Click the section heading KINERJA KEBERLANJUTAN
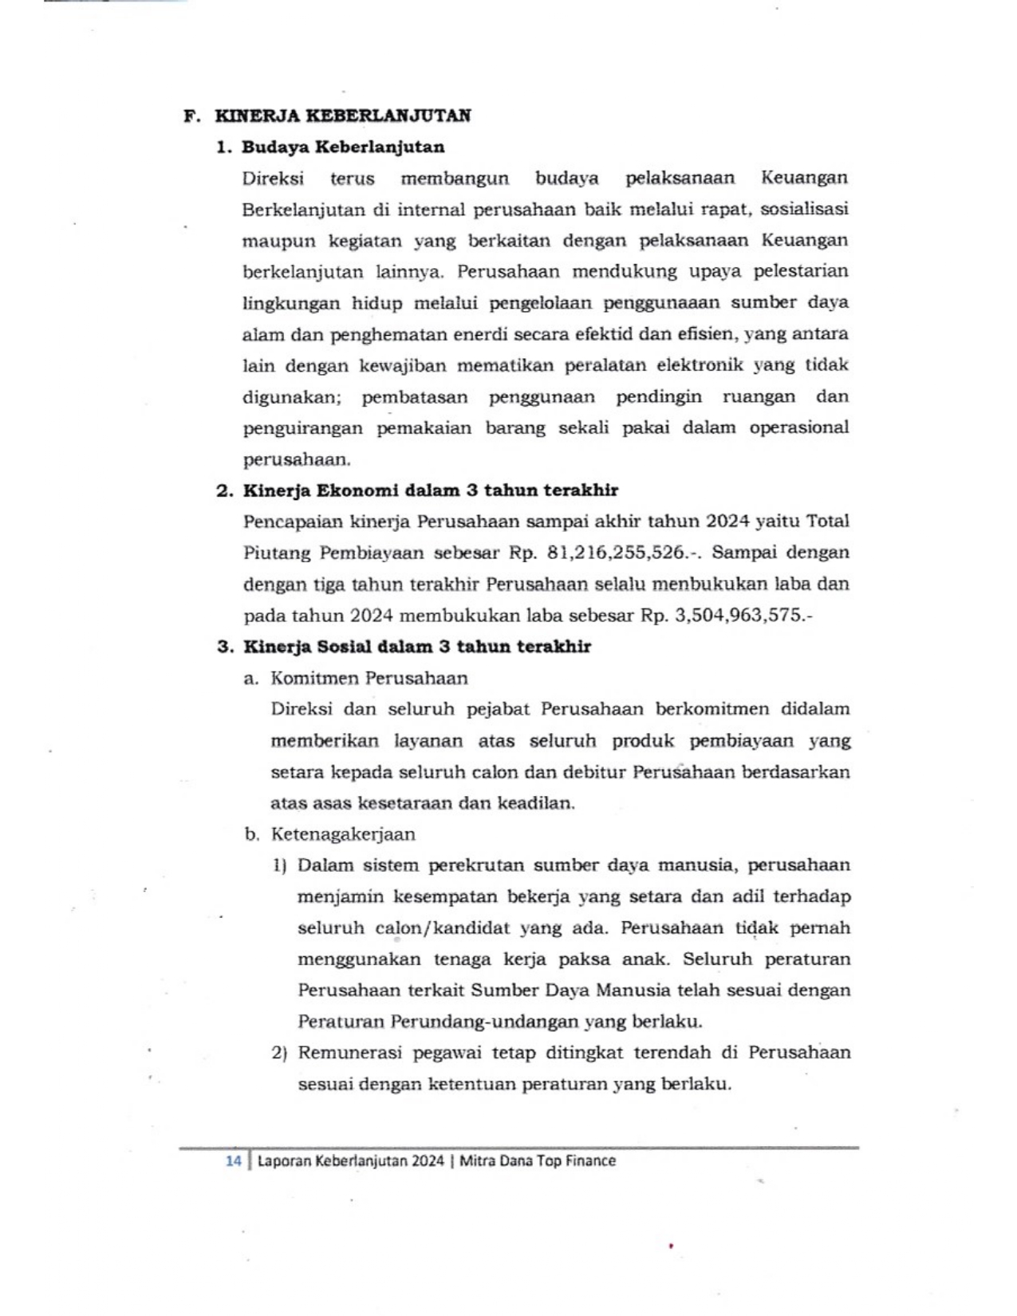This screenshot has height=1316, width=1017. click(342, 116)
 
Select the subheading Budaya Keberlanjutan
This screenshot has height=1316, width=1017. click(343, 148)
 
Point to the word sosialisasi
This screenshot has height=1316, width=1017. click(804, 209)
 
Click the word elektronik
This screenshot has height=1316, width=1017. click(700, 365)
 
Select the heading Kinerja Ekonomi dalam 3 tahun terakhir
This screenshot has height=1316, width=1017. click(431, 491)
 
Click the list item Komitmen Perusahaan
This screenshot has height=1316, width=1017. click(369, 679)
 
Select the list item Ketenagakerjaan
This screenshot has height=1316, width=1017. click(343, 835)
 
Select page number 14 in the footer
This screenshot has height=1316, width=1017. click(233, 1161)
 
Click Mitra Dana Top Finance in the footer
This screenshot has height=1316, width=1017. click(538, 1161)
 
